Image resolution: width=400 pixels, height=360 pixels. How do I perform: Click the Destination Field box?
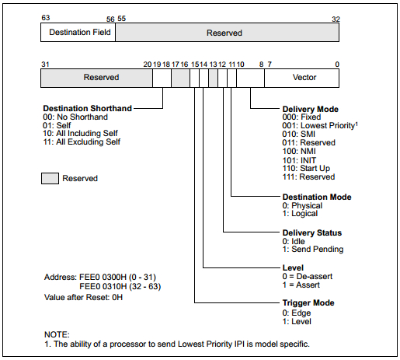pyautogui.click(x=78, y=33)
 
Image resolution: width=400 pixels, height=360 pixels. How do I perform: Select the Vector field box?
pyautogui.click(x=301, y=78)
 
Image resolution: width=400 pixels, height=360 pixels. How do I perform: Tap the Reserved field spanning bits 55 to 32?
pyautogui.click(x=227, y=33)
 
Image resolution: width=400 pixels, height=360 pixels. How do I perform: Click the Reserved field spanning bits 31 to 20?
pyautogui.click(x=96, y=78)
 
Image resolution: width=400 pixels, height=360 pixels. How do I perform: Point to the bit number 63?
pyautogui.click(x=46, y=18)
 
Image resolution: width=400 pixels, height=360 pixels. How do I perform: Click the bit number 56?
pyautogui.click(x=110, y=19)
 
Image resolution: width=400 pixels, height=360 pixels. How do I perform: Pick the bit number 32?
pyautogui.click(x=336, y=19)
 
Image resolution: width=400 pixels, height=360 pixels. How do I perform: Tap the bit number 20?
pyautogui.click(x=148, y=65)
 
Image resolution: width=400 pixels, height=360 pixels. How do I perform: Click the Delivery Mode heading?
pyautogui.click(x=310, y=109)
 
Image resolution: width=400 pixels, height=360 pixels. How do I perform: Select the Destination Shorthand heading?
pyautogui.click(x=88, y=108)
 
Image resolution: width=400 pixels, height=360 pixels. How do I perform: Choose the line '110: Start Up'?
pyautogui.click(x=306, y=169)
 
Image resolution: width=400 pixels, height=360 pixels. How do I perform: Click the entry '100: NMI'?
pyautogui.click(x=299, y=151)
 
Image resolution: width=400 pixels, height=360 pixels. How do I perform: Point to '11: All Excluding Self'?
pyautogui.click(x=82, y=142)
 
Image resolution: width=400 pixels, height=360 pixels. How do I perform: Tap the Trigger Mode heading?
pyautogui.click(x=308, y=302)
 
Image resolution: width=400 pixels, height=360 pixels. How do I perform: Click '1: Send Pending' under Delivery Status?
pyautogui.click(x=313, y=249)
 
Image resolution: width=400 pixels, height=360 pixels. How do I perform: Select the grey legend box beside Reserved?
pyautogui.click(x=50, y=178)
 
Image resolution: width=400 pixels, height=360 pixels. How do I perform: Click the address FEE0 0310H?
pyautogui.click(x=103, y=286)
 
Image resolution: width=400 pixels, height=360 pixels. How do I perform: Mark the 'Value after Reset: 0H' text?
pyautogui.click(x=83, y=297)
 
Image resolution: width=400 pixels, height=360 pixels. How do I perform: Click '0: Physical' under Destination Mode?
pyautogui.click(x=302, y=205)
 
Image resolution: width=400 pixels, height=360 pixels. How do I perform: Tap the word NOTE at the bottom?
pyautogui.click(x=57, y=334)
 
